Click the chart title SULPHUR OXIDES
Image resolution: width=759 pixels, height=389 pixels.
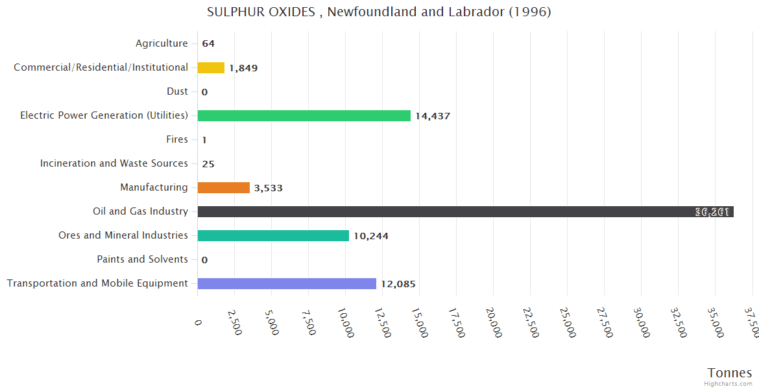click(x=379, y=12)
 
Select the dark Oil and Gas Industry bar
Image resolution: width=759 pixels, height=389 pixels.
click(x=465, y=211)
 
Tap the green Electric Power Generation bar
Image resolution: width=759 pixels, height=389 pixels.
click(x=304, y=115)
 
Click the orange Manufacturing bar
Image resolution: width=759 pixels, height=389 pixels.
click(x=223, y=187)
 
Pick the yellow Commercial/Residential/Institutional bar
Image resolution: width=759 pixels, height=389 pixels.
click(x=211, y=67)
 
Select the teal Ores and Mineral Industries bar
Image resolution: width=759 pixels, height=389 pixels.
click(x=273, y=235)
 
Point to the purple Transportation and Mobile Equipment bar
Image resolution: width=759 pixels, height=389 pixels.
click(x=287, y=283)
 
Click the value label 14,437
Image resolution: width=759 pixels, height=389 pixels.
click(x=433, y=116)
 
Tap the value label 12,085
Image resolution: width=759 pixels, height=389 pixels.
click(x=398, y=284)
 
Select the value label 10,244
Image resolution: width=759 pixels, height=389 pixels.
click(x=371, y=236)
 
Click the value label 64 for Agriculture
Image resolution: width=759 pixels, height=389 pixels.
click(x=208, y=44)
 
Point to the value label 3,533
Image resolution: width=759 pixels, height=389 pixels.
click(x=268, y=188)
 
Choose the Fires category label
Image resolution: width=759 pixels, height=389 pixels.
click(x=177, y=139)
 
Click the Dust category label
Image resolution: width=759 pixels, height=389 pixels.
click(x=177, y=91)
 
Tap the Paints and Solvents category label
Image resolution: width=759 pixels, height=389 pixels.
click(x=142, y=259)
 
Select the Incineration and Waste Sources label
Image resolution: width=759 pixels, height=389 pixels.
click(x=114, y=163)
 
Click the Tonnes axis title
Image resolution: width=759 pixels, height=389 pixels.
click(x=729, y=373)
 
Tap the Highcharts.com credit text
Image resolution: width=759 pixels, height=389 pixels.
click(x=729, y=384)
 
